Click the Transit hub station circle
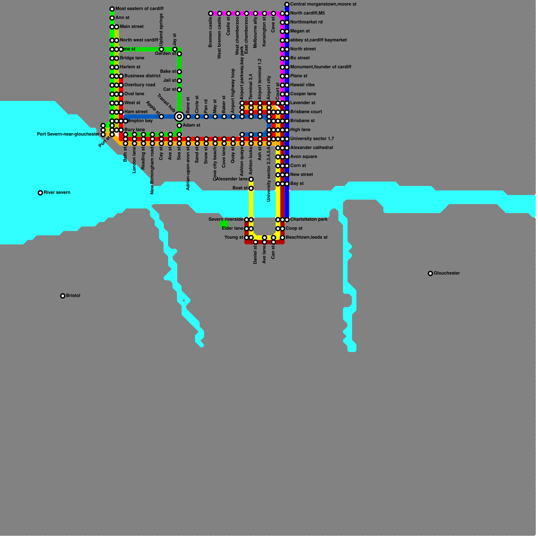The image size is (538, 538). (x=179, y=117)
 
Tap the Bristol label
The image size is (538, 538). (x=73, y=296)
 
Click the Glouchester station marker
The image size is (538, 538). (x=430, y=273)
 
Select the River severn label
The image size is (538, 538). (x=57, y=192)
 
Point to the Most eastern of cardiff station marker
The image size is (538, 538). (x=112, y=9)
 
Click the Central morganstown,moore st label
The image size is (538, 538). (x=323, y=4)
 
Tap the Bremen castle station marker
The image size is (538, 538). (x=210, y=13)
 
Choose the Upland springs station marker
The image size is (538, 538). (x=161, y=49)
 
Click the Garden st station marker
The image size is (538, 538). (x=179, y=54)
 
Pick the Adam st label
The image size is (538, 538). (x=191, y=125)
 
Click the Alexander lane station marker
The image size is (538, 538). (x=251, y=179)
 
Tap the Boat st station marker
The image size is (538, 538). (x=251, y=188)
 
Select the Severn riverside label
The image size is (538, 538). (x=226, y=219)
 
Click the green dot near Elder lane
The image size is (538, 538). (x=224, y=224)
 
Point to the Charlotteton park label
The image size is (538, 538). (x=309, y=219)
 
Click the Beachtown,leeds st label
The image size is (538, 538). (x=306, y=237)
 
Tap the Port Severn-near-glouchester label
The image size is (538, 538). (x=68, y=134)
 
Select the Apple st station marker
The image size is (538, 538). (x=161, y=117)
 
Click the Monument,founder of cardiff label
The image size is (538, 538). (x=320, y=67)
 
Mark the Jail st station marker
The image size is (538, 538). (x=179, y=81)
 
